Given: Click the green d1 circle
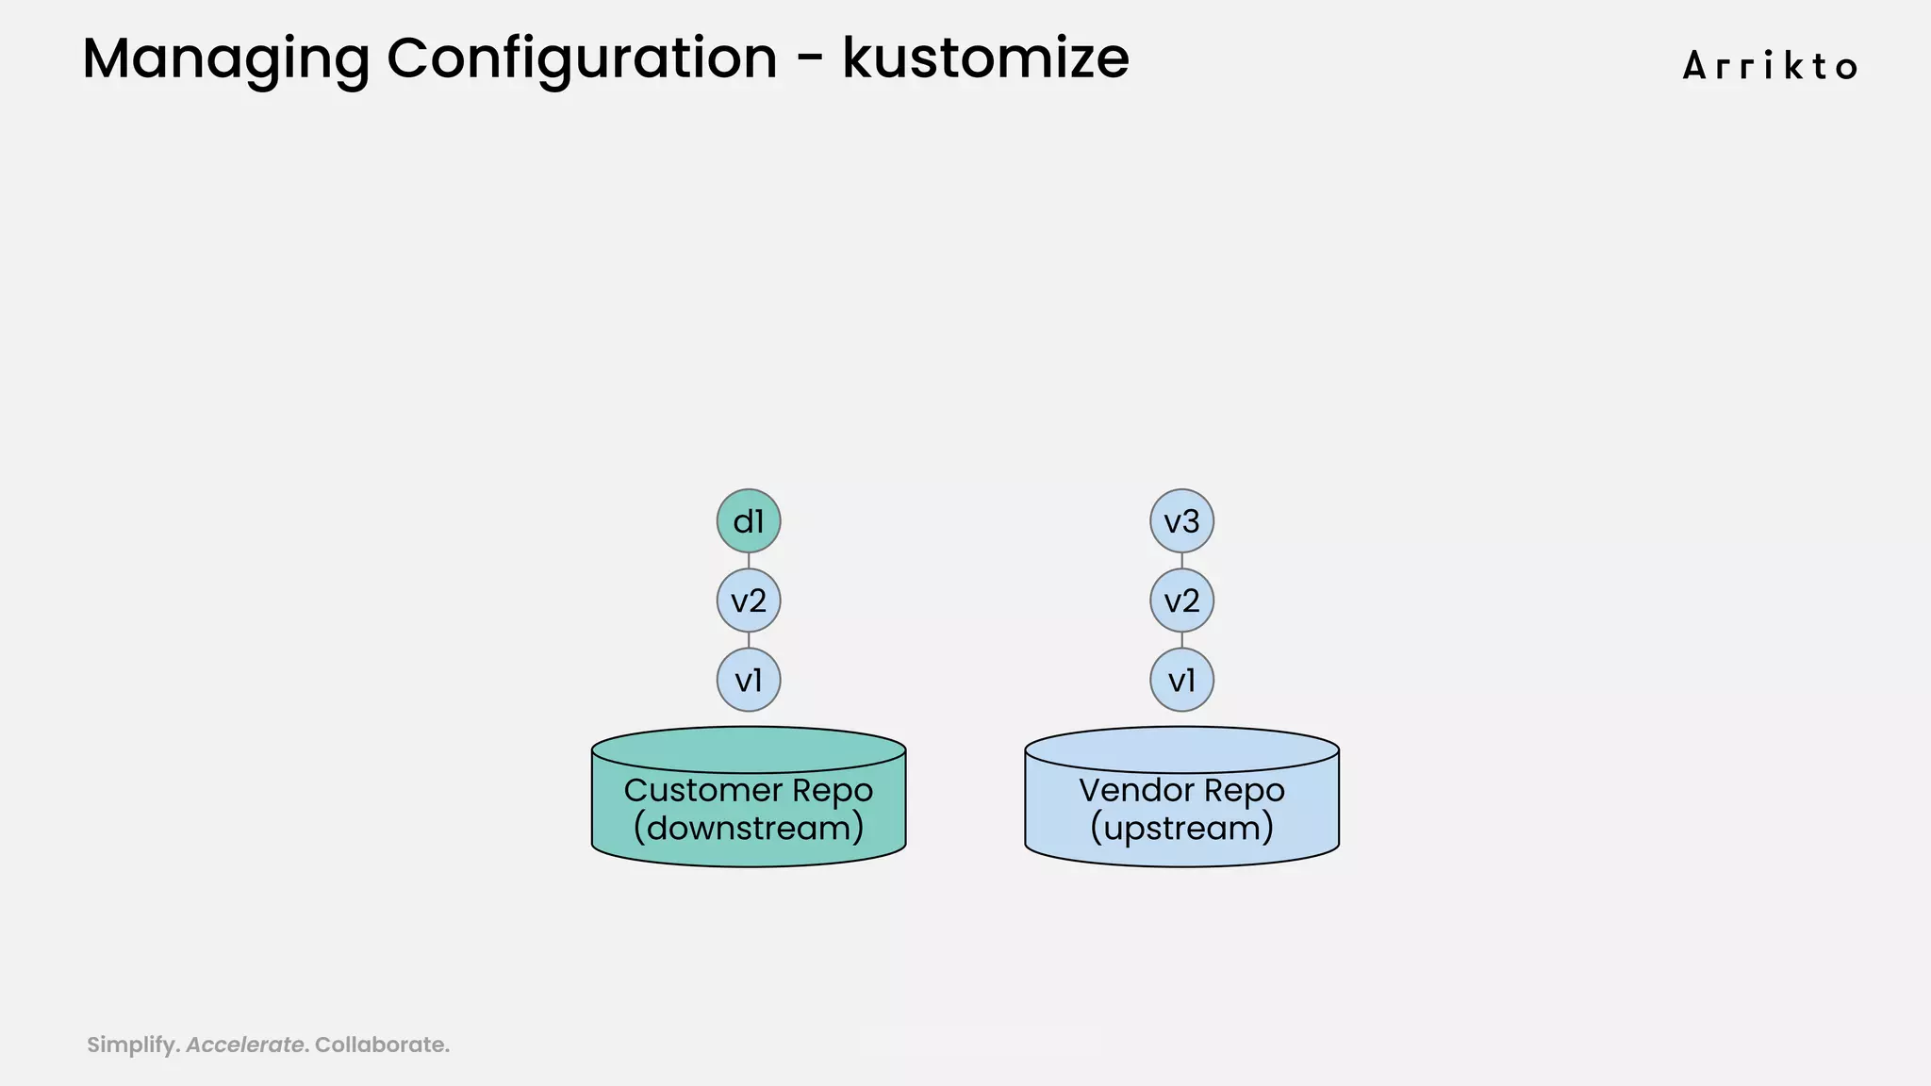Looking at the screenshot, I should point(749,521).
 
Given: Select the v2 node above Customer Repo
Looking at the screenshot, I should point(749,601).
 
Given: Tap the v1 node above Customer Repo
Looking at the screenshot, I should point(749,680).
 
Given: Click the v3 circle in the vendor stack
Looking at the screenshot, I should point(1181,521).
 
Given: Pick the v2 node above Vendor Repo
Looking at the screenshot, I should point(1181,601).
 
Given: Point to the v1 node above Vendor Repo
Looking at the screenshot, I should point(1181,680).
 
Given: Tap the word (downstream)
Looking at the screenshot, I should point(749,829).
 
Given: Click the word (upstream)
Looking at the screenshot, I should point(1181,829).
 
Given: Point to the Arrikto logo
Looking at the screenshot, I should point(1770,67).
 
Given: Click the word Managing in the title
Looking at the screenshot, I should point(225,59).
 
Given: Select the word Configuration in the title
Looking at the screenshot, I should point(582,59).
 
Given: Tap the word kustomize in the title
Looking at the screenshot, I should point(985,58).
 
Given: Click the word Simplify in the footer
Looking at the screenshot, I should point(131,1045).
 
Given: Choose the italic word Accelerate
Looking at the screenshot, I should point(245,1045).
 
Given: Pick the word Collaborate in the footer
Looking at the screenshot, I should point(380,1045).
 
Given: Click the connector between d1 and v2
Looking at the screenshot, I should point(749,561).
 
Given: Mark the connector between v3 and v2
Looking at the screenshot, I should point(1181,561).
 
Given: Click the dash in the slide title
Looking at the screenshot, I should point(809,60).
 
